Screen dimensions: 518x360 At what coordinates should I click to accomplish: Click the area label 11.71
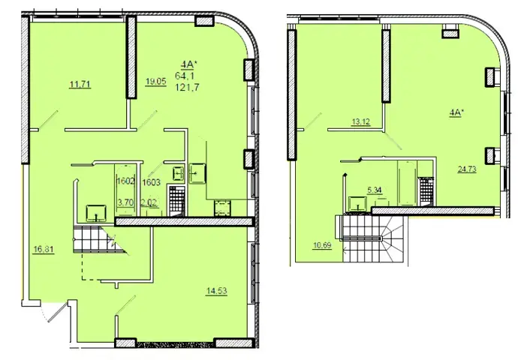[80, 85]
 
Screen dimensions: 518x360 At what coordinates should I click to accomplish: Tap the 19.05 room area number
[155, 81]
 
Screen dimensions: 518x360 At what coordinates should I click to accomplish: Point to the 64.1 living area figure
[185, 76]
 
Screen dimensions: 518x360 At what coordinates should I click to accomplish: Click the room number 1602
[126, 181]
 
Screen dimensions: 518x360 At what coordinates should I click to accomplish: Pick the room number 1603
[152, 182]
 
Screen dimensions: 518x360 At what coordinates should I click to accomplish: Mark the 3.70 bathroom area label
[126, 202]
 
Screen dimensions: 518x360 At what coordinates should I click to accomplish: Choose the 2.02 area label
[149, 202]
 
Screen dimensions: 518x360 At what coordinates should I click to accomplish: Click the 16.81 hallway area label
[44, 249]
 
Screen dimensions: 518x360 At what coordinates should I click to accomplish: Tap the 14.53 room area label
[216, 291]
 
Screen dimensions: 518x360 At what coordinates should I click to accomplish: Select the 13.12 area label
[361, 121]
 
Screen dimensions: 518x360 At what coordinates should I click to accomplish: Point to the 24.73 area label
[467, 169]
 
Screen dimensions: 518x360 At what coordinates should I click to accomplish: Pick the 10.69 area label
[322, 245]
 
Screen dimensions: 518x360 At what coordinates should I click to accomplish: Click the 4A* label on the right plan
[456, 112]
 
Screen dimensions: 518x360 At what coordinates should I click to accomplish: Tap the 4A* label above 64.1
[188, 64]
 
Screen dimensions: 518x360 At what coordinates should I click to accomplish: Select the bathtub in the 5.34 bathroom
[407, 183]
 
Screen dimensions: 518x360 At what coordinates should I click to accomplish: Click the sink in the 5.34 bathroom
[358, 203]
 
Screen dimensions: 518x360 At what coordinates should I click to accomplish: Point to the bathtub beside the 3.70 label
[125, 190]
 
